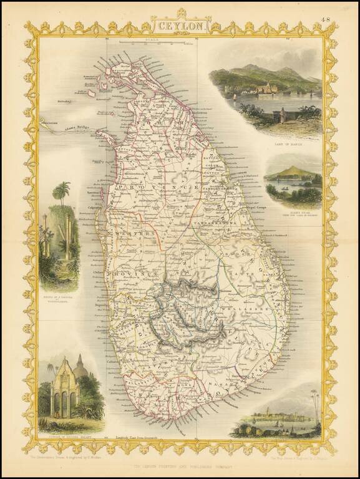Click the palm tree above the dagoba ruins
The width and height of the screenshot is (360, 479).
click(61, 192)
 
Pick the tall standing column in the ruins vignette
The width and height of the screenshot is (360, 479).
click(67, 236)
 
